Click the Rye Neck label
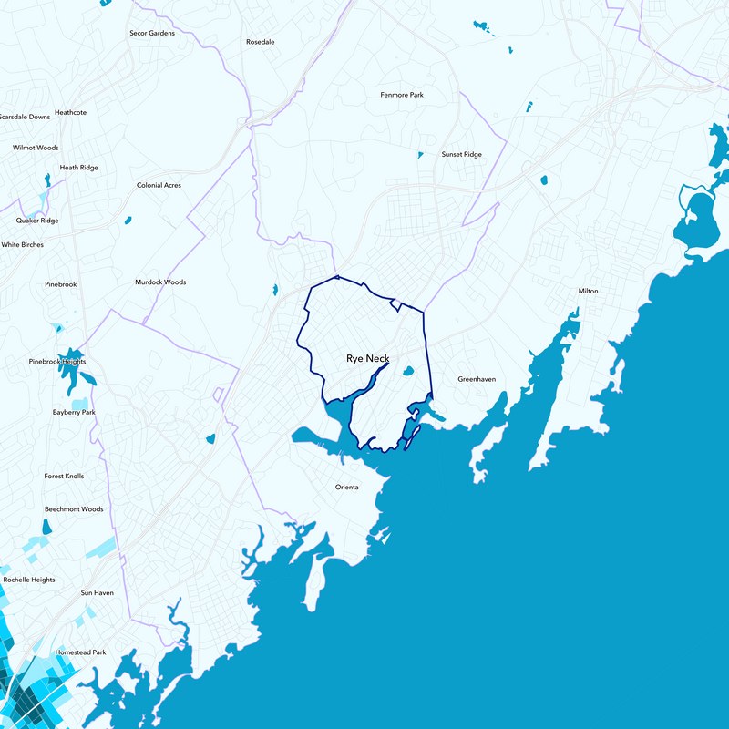[x=367, y=359]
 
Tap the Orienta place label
[x=346, y=488]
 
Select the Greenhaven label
[x=476, y=379]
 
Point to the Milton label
[x=588, y=291]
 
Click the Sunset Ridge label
[x=461, y=155]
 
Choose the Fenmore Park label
[x=402, y=95]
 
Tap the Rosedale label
[x=260, y=42]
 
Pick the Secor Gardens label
[x=151, y=33]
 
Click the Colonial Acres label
[x=159, y=185]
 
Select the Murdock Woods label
[x=160, y=282]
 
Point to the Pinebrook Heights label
[x=56, y=362]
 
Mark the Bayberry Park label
[x=74, y=413]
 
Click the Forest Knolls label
[x=64, y=477]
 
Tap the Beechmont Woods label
[x=74, y=509]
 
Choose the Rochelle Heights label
[x=28, y=580]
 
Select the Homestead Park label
[x=80, y=652]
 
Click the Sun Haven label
[x=97, y=593]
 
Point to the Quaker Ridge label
[x=36, y=221]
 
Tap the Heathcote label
[x=70, y=112]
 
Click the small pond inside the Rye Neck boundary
[x=408, y=371]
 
